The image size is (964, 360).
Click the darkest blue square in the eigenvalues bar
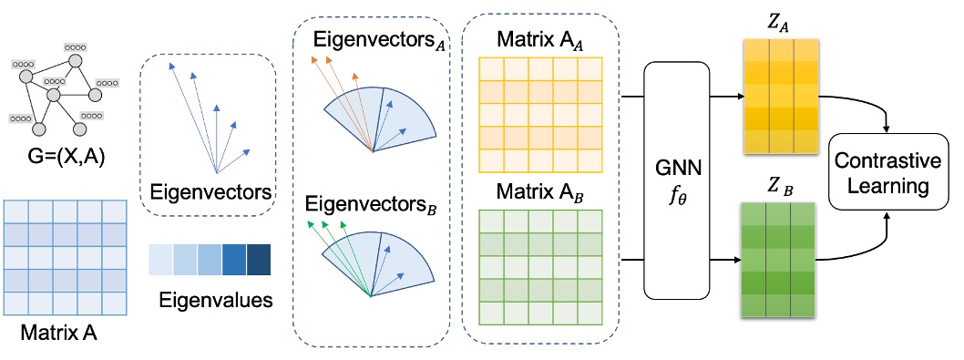[258, 259]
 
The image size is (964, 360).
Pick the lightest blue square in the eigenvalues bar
[163, 259]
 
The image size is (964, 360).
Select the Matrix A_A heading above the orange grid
[538, 41]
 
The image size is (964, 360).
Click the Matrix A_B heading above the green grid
[538, 191]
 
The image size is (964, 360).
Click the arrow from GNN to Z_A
[721, 93]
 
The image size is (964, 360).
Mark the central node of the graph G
[54, 95]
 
